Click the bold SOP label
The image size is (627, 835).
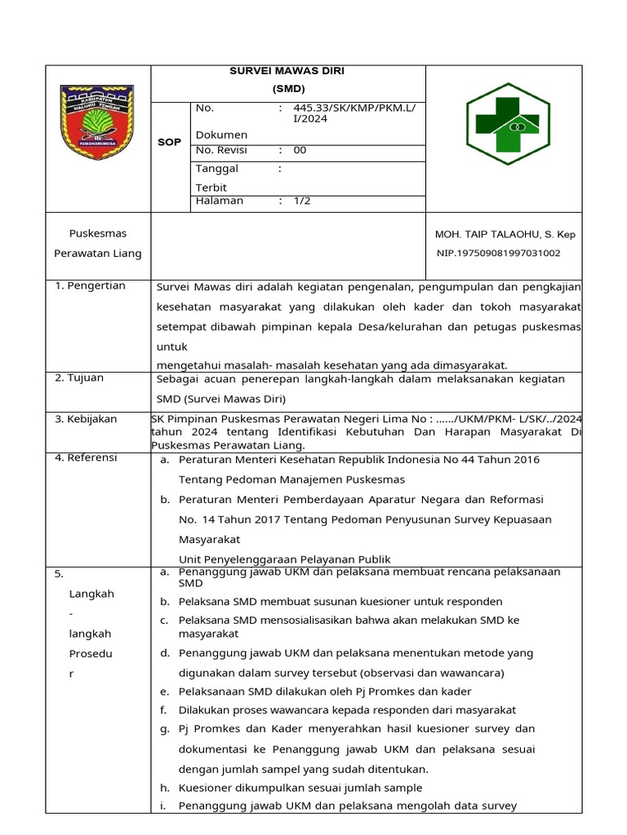(x=169, y=142)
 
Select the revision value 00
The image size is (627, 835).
(x=300, y=150)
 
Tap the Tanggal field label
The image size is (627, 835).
(x=217, y=169)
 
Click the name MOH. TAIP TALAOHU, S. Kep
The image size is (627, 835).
(x=505, y=234)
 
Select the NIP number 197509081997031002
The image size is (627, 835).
(x=498, y=253)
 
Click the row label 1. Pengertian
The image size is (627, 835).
(x=90, y=285)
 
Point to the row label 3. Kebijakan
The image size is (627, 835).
(x=86, y=419)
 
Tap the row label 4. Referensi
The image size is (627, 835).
(x=86, y=457)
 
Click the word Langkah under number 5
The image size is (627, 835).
(x=91, y=594)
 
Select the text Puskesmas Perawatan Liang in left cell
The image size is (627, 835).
(x=97, y=243)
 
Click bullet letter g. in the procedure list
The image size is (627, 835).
(x=164, y=728)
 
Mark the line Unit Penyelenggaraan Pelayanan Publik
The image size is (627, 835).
(x=284, y=559)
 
